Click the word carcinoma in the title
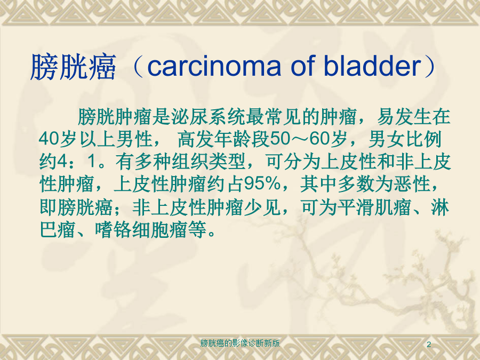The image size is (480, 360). point(214,66)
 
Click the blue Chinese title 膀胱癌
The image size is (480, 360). point(74,67)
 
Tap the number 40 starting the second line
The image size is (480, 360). point(49,139)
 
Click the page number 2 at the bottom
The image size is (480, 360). point(429,345)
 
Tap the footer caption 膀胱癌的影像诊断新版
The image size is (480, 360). point(240,343)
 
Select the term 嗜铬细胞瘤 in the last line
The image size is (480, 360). point(141,230)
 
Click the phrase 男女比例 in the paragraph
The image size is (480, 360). point(405,139)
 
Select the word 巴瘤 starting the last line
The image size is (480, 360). point(58,230)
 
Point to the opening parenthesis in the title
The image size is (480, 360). point(137,67)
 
